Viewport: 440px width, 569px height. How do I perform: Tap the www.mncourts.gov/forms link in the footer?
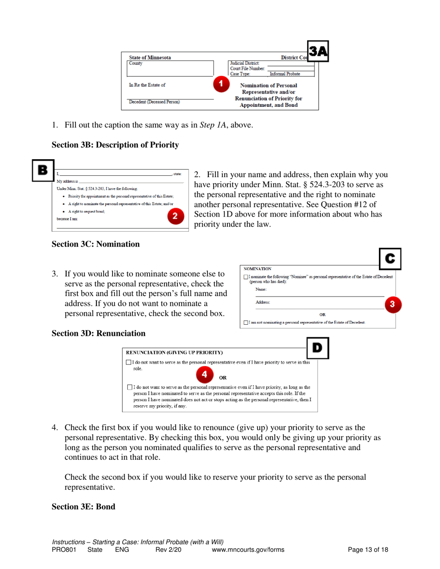coord(248,550)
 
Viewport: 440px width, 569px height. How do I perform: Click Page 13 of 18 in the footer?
coord(368,550)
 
